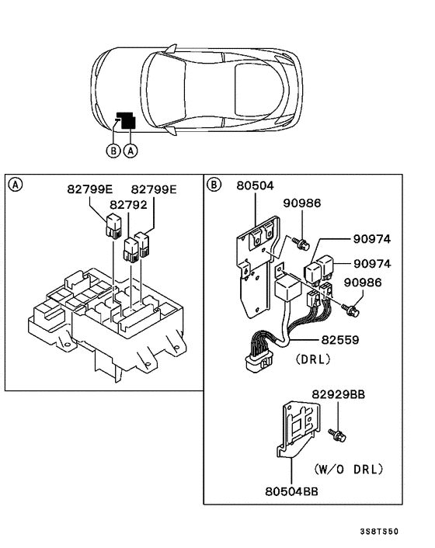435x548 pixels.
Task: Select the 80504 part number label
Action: coord(256,186)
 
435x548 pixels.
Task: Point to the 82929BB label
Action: coord(339,395)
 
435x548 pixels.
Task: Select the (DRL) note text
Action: coord(313,359)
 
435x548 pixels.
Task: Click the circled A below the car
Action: coord(130,151)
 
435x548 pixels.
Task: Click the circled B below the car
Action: coord(113,151)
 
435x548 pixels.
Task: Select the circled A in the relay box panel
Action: coord(16,184)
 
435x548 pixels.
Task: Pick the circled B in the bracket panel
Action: coord(214,184)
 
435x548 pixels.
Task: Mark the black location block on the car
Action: coord(125,120)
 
